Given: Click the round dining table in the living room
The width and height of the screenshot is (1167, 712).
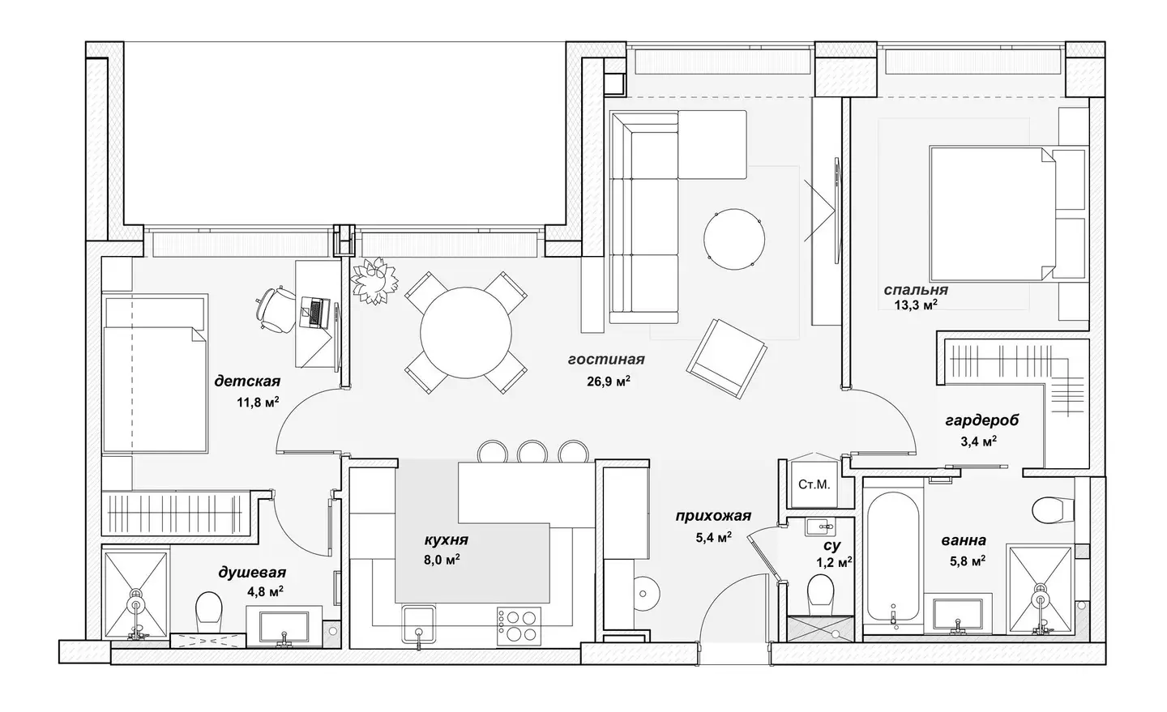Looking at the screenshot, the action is pyautogui.click(x=465, y=332).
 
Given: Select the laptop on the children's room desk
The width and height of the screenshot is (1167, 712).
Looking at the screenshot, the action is pyautogui.click(x=314, y=312).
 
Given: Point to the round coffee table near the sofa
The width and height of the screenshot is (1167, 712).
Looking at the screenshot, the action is pyautogui.click(x=734, y=239).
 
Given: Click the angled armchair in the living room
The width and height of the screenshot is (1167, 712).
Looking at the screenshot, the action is pyautogui.click(x=727, y=359).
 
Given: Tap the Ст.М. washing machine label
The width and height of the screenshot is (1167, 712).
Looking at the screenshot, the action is pyautogui.click(x=814, y=484).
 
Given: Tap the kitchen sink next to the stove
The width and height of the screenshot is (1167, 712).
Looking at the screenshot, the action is pyautogui.click(x=418, y=624).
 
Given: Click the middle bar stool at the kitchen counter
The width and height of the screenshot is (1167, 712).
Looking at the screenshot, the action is pyautogui.click(x=532, y=452).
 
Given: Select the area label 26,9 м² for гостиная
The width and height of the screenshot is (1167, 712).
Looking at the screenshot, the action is pyautogui.click(x=609, y=382).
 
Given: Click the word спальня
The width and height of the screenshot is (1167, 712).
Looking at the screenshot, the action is pyautogui.click(x=916, y=290).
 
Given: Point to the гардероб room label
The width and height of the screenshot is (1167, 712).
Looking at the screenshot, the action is pyautogui.click(x=982, y=420).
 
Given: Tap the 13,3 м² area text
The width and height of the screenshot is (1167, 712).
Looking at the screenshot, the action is pyautogui.click(x=916, y=305).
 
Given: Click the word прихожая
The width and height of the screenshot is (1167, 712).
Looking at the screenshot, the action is pyautogui.click(x=713, y=516).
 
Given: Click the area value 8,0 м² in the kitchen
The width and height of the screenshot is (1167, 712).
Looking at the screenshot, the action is pyautogui.click(x=442, y=560).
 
